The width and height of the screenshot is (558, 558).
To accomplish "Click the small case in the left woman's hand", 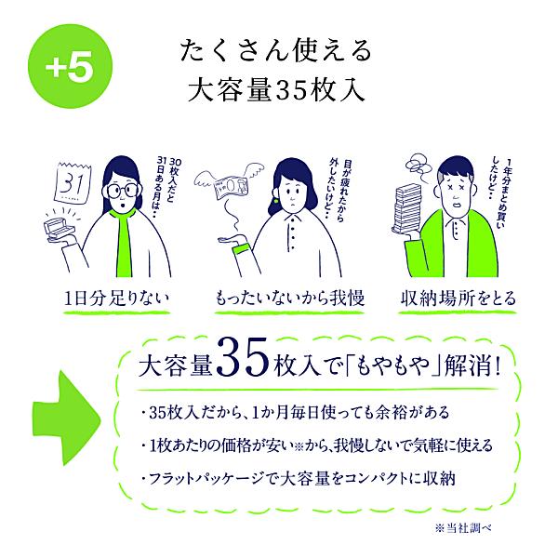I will (72, 227).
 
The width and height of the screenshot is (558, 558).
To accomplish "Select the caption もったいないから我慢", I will (280, 299).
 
